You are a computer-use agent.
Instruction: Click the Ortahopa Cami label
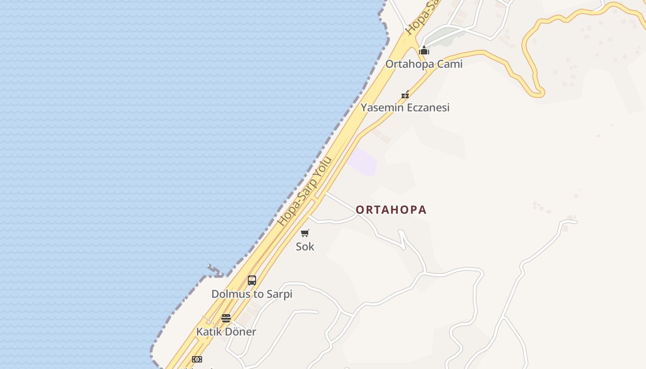pos(424,64)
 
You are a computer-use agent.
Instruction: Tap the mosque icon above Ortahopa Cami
pos(424,50)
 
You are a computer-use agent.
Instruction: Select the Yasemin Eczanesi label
pos(405,107)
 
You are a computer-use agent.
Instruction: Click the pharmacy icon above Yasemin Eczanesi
pos(405,95)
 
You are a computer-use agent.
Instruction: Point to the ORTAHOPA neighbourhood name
pos(391,210)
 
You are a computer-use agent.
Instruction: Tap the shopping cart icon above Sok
pos(305,233)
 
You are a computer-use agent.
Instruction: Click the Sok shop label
pos(305,247)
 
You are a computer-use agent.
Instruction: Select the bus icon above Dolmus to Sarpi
pos(251,280)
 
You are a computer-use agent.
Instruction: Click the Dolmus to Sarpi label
pos(251,294)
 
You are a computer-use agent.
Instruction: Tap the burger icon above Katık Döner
pos(226,318)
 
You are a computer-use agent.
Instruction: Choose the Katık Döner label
pos(226,332)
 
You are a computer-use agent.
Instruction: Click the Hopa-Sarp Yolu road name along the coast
pos(305,192)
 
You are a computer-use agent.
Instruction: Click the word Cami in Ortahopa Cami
pos(449,64)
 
